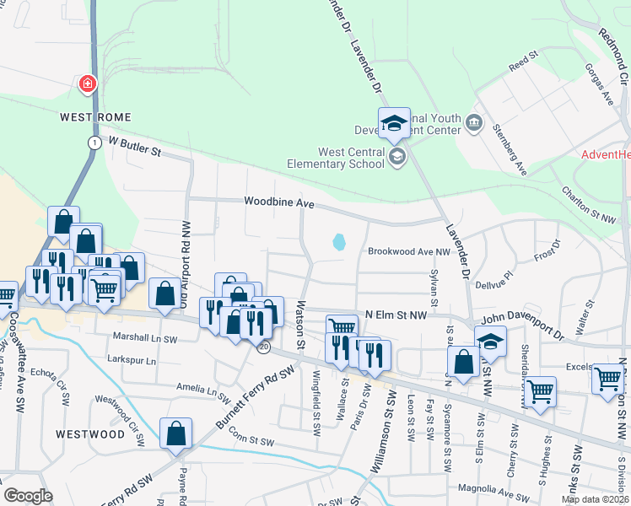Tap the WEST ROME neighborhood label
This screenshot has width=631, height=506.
click(94, 116)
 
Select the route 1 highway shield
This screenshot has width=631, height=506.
click(94, 143)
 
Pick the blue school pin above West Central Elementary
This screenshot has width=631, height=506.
click(393, 125)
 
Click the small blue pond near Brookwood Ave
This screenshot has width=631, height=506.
click(339, 242)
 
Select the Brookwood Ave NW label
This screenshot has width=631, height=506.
click(410, 251)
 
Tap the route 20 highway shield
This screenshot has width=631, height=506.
click(265, 347)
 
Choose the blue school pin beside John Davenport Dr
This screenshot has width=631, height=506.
click(489, 342)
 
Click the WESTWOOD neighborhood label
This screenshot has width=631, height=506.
click(90, 433)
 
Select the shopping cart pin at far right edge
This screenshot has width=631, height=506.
click(607, 380)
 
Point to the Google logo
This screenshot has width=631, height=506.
click(28, 495)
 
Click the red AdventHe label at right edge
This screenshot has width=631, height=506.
click(606, 155)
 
